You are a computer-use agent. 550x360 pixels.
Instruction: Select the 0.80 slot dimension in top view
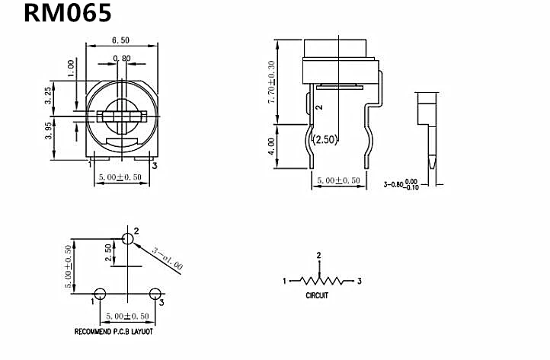121,59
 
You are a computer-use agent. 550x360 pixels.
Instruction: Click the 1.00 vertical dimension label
72,68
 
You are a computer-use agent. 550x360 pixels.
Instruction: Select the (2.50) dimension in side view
325,139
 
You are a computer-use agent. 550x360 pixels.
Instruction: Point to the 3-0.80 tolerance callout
401,183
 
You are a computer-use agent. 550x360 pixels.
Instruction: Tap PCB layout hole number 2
127,240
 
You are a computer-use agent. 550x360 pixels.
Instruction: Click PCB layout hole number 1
100,294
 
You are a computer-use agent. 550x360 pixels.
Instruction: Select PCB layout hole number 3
155,294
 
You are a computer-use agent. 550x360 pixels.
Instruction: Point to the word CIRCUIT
317,295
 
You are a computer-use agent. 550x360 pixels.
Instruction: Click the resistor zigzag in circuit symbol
320,281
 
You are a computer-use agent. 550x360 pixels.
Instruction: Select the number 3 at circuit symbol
359,281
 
